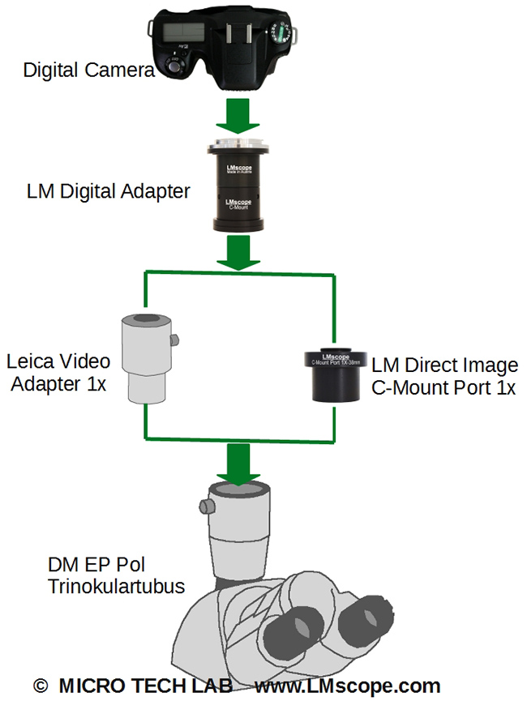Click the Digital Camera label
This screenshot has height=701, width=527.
tap(88, 71)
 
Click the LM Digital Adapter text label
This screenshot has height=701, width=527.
tap(108, 191)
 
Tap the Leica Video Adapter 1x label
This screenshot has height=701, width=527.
tap(58, 372)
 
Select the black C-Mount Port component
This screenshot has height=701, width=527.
tap(335, 373)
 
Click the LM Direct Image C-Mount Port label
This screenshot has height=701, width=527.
tap(443, 376)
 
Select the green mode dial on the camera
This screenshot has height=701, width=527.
tap(280, 33)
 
